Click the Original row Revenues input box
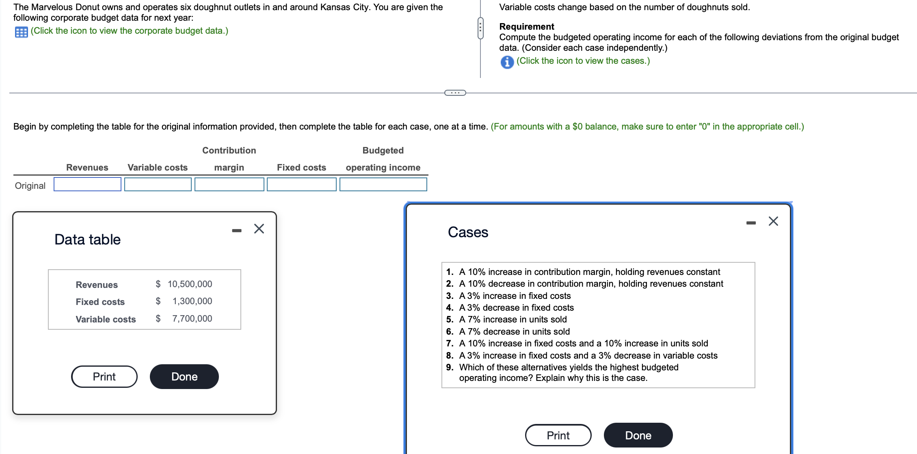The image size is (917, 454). tap(87, 184)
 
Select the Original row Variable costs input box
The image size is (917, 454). tap(158, 184)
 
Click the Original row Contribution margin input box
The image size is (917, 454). tap(229, 184)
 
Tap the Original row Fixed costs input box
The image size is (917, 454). tap(301, 184)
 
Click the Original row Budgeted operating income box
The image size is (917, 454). tap(383, 184)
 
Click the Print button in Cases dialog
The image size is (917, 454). tap(558, 435)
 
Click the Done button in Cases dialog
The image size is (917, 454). tap(638, 435)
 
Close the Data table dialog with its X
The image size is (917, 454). tap(259, 229)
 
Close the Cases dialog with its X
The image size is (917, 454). tap(773, 221)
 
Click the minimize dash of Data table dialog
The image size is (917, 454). tap(237, 231)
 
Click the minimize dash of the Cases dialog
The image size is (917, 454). tap(751, 223)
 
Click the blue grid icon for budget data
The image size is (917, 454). tap(21, 32)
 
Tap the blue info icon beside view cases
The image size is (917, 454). tap(507, 62)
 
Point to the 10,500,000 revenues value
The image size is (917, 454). tap(190, 284)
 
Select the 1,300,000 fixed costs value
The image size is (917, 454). tap(192, 301)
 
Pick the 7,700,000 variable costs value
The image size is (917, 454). tap(192, 319)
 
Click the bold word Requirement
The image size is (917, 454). tap(526, 26)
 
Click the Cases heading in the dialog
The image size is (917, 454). tap(468, 232)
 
